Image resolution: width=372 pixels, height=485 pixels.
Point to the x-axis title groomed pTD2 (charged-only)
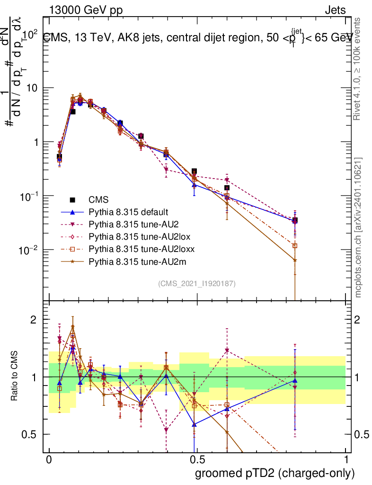pyautogui.click(x=275, y=473)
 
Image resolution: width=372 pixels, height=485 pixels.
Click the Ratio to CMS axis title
pyautogui.click(x=15, y=377)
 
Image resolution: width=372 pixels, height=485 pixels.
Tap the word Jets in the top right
pyautogui.click(x=335, y=9)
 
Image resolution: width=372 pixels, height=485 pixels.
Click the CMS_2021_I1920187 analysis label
pyautogui.click(x=197, y=284)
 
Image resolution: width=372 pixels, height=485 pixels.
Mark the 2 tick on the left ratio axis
pyautogui.click(x=34, y=320)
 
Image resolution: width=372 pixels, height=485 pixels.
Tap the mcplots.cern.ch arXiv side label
pyautogui.click(x=358, y=227)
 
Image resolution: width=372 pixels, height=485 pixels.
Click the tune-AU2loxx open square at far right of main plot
pyautogui.click(x=295, y=246)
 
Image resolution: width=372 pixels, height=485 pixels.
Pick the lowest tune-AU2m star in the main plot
pyautogui.click(x=295, y=260)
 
